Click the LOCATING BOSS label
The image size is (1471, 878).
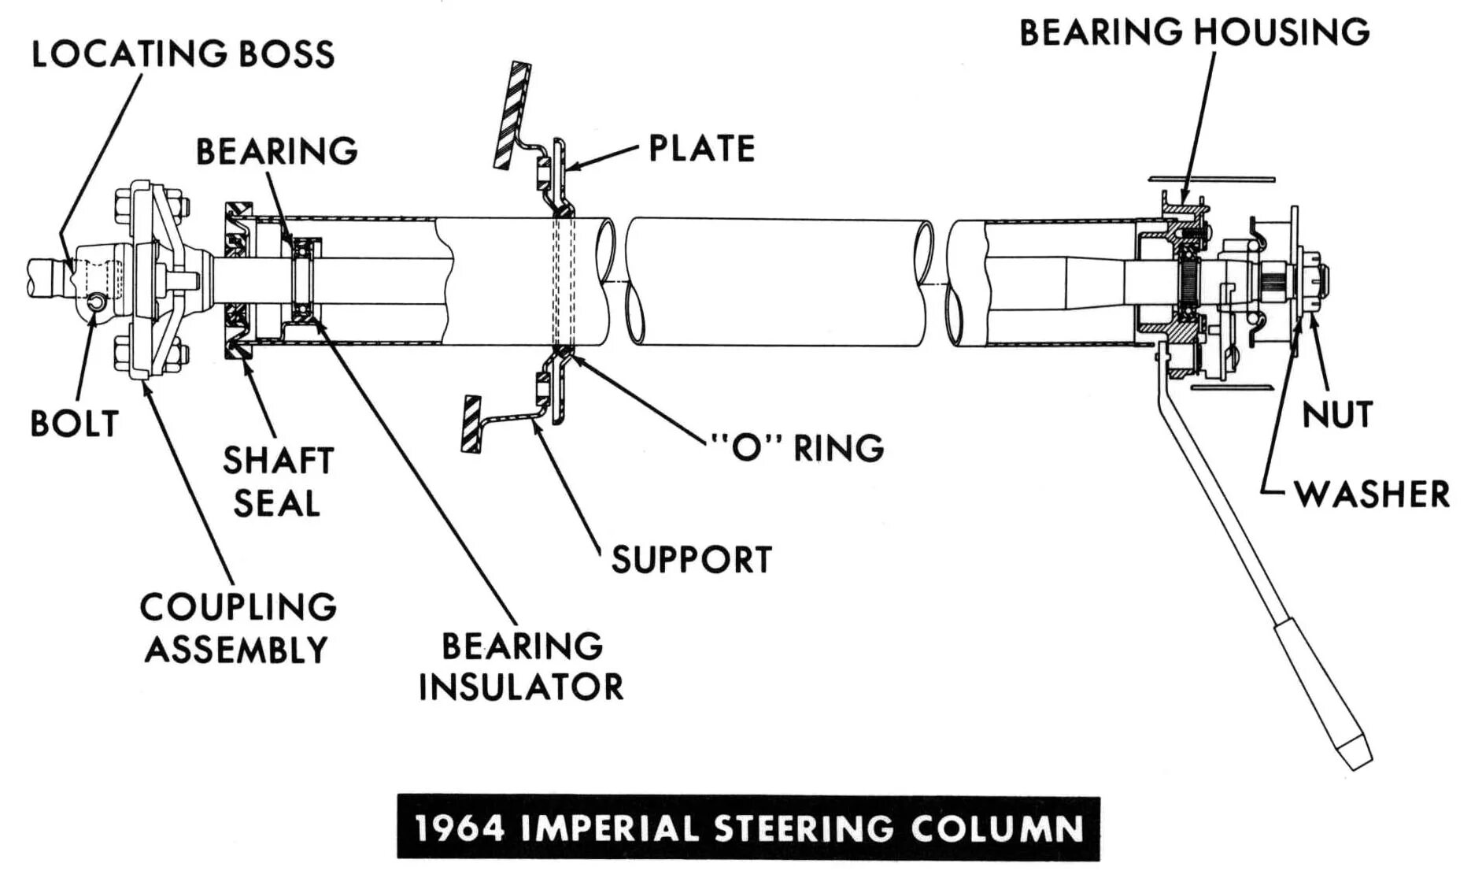pyautogui.click(x=183, y=54)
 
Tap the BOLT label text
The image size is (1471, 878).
pyautogui.click(x=74, y=424)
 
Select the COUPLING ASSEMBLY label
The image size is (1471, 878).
pyautogui.click(x=238, y=628)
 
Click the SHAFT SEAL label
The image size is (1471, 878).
pyautogui.click(x=277, y=481)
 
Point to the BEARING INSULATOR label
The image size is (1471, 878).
pyautogui.click(x=521, y=666)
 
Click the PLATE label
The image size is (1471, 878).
pyautogui.click(x=701, y=148)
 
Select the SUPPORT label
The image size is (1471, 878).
pyautogui.click(x=691, y=560)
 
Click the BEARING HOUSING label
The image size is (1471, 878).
pyautogui.click(x=1193, y=32)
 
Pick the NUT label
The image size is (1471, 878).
pyautogui.click(x=1337, y=414)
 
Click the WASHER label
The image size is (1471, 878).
pyautogui.click(x=1372, y=495)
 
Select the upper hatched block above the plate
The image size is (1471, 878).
pyautogui.click(x=512, y=113)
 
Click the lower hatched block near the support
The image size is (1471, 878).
pyautogui.click(x=471, y=424)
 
